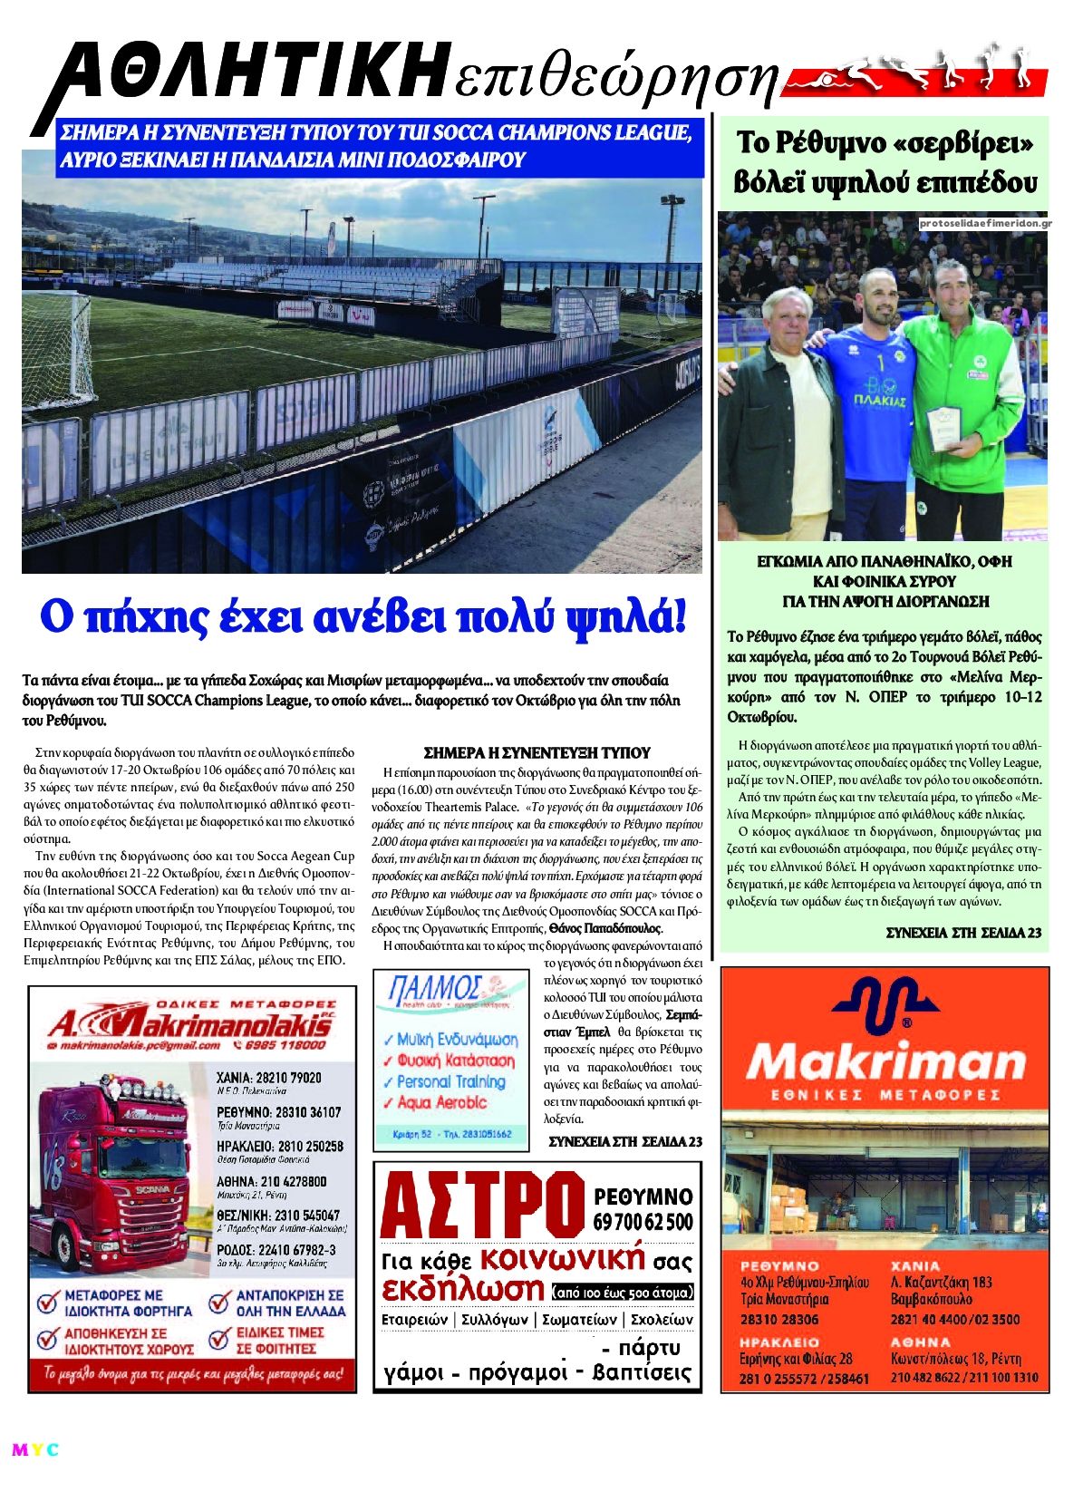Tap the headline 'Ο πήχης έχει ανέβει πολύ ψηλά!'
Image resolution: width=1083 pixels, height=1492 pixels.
point(363,618)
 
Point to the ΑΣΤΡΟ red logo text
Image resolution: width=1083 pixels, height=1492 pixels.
point(482,1206)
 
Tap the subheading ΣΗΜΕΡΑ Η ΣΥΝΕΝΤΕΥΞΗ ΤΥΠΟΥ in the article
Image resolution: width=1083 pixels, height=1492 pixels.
point(537,752)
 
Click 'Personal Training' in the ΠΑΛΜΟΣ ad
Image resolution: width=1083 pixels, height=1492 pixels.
point(450,1081)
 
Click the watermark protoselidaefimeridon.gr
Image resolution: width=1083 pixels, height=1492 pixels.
point(982,223)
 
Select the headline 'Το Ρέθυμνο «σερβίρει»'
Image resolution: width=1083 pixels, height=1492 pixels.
point(885,143)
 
